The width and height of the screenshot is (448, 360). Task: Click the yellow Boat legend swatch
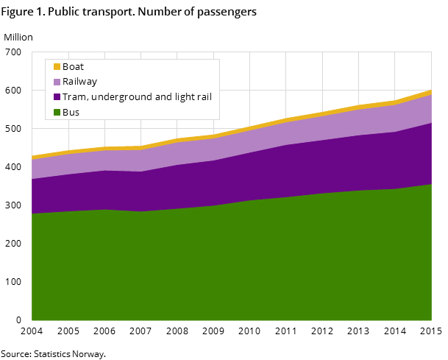coord(57,67)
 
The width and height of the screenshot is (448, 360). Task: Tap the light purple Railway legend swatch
coord(57,82)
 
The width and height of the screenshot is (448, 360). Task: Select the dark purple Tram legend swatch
coord(57,97)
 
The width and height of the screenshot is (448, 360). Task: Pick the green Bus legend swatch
coord(57,113)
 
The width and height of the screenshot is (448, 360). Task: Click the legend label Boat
coord(73,67)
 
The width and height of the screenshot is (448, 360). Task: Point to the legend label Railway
coord(79,82)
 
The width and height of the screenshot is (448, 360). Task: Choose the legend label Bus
coord(71,113)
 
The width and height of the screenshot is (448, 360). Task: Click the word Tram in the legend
coord(74,97)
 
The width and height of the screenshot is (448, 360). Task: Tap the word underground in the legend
coord(116,97)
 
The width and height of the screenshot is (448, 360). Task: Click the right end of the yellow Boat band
coord(430,93)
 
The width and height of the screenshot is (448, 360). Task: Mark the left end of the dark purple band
coord(34,196)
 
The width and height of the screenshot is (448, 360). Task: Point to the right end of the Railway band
coord(430,109)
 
